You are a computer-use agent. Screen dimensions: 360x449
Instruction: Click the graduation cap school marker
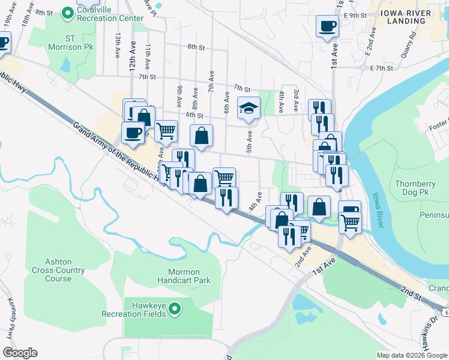pyautogui.click(x=249, y=109)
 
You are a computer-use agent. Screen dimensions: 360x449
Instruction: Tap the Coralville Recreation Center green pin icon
pyautogui.click(x=70, y=11)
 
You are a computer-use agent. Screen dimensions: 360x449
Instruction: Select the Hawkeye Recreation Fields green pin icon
pyautogui.click(x=175, y=309)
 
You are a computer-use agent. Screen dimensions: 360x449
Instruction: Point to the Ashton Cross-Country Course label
pyautogui.click(x=58, y=270)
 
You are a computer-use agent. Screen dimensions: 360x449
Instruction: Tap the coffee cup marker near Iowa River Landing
pyautogui.click(x=327, y=26)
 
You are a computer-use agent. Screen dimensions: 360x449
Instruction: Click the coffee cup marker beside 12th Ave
pyautogui.click(x=133, y=133)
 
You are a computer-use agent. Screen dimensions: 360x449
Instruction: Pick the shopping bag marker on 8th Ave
pyautogui.click(x=201, y=136)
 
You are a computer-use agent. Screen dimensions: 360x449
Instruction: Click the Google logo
pyautogui.click(x=20, y=353)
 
